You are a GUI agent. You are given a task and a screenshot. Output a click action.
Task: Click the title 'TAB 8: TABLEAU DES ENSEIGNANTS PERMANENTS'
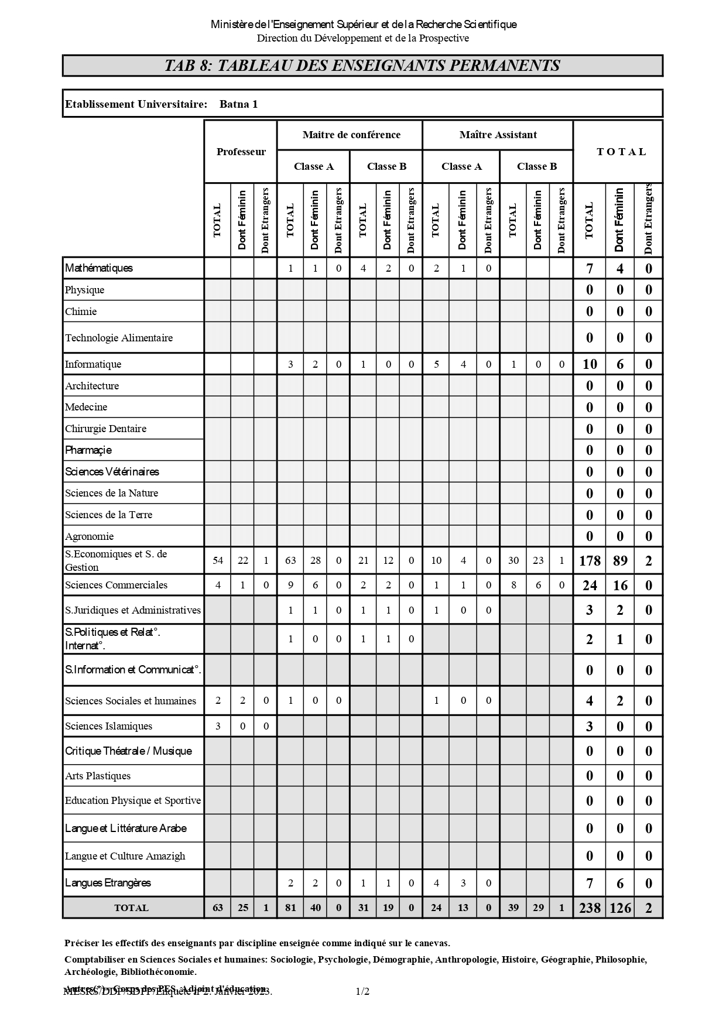click(x=362, y=66)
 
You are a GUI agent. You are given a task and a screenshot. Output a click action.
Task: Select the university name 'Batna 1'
click(x=238, y=104)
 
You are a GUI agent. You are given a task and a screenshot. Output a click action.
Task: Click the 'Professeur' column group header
click(x=241, y=152)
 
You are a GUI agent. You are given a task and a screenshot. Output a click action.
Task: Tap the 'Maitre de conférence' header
click(x=351, y=135)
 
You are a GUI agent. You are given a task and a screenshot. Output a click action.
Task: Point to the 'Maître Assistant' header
click(x=498, y=135)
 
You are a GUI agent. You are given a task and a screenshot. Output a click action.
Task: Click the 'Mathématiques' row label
click(x=99, y=268)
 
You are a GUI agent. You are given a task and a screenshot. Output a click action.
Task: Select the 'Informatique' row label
click(x=93, y=364)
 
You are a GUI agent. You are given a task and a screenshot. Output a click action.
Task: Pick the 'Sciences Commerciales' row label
click(x=116, y=585)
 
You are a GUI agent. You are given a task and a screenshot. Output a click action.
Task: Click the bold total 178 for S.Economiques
click(x=590, y=561)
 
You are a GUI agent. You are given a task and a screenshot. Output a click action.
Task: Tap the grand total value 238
click(x=590, y=908)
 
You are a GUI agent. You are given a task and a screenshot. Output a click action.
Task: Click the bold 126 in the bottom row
click(x=620, y=908)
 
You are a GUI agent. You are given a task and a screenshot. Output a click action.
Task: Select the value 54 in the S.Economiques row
click(x=218, y=560)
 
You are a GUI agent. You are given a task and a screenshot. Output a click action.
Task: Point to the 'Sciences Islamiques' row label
click(x=108, y=726)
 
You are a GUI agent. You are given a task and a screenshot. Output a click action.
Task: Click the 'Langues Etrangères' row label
click(x=108, y=883)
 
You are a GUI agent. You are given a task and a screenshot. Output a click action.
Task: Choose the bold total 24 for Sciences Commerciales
click(x=590, y=586)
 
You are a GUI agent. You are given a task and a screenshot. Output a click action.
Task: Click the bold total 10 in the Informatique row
click(x=590, y=364)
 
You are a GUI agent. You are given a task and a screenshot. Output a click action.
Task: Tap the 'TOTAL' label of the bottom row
click(x=131, y=908)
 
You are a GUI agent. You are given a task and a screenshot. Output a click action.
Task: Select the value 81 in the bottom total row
click(x=290, y=908)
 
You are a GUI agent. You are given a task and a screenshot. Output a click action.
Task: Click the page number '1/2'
click(x=362, y=991)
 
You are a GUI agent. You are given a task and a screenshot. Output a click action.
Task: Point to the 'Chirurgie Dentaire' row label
click(x=105, y=429)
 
